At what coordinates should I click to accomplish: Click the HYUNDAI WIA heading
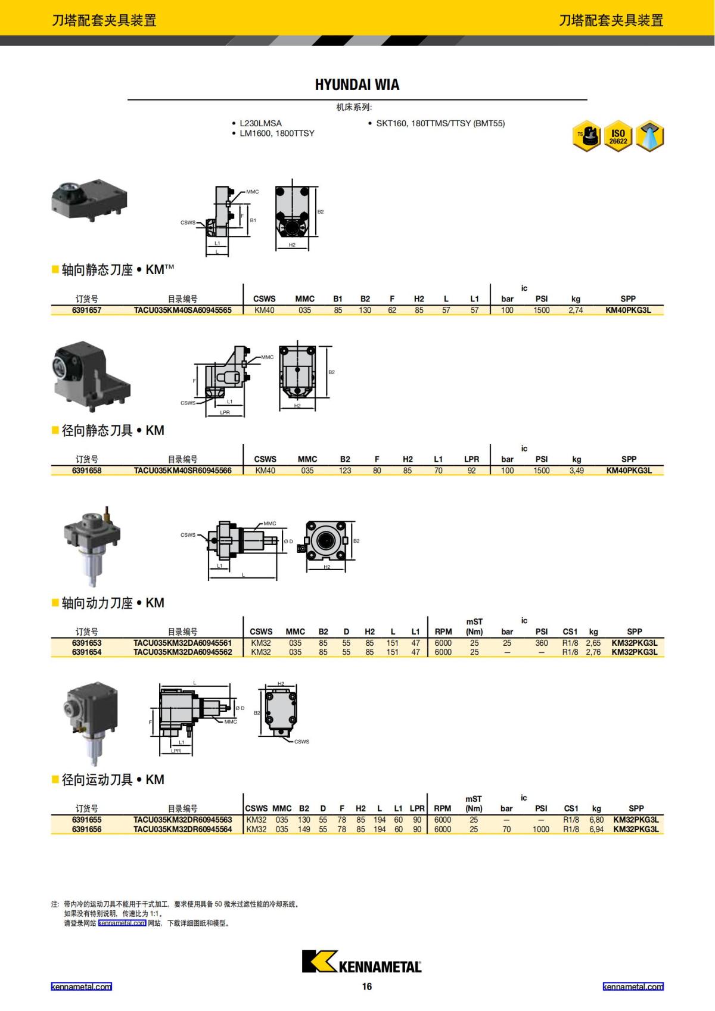(357, 85)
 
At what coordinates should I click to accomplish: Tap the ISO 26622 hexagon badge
(618, 137)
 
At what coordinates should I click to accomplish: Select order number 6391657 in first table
(86, 310)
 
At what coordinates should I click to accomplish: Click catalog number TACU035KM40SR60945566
(182, 471)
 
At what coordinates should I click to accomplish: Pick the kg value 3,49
(576, 471)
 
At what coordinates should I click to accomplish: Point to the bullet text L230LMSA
(260, 123)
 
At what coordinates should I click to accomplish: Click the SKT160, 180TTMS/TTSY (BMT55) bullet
(440, 123)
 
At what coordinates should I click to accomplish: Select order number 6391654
(86, 652)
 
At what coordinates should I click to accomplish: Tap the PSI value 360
(541, 643)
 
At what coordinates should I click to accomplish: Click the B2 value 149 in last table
(304, 829)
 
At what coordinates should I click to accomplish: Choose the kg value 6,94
(596, 829)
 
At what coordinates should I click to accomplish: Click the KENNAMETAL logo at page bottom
(361, 962)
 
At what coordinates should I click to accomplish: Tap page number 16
(366, 987)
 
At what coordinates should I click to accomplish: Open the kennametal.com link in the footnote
(122, 923)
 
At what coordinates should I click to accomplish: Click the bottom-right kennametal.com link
(633, 987)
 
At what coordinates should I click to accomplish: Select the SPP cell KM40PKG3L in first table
(628, 310)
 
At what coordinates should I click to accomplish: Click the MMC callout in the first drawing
(252, 192)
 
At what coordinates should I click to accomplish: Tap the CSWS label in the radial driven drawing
(301, 742)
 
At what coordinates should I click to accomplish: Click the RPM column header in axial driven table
(443, 632)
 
